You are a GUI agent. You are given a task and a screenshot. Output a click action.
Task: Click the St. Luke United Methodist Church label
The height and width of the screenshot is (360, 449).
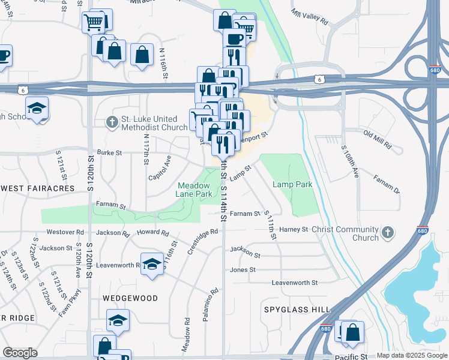(x=154, y=123)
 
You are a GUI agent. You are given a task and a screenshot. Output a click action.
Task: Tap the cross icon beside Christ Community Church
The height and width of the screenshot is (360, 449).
(x=388, y=232)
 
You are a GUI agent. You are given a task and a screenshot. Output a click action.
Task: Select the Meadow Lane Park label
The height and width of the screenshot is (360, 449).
(x=194, y=190)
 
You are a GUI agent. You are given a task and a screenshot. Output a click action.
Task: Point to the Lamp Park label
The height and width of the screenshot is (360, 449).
(x=292, y=185)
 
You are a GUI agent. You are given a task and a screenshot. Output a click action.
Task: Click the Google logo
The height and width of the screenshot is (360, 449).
(x=20, y=353)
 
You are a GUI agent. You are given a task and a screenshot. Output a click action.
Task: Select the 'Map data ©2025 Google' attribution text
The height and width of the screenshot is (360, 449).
(x=412, y=355)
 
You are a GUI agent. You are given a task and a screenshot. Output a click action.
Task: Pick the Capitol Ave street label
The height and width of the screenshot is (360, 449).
(x=160, y=168)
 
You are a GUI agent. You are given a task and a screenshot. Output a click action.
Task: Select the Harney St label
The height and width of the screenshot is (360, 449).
(x=293, y=229)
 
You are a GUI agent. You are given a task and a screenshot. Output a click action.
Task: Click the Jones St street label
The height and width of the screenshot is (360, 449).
(x=243, y=270)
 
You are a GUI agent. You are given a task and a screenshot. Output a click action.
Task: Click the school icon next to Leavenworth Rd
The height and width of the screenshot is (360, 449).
(x=152, y=264)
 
